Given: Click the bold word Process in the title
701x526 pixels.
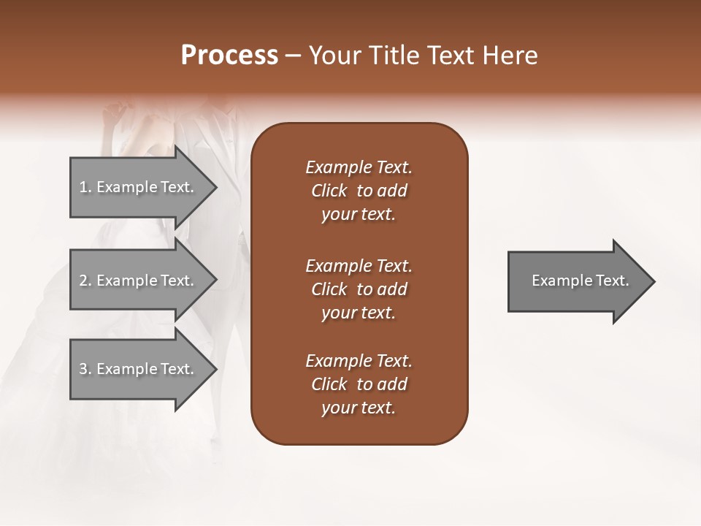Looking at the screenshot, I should pos(229,55).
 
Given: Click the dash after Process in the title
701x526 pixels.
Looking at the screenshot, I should pos(294,56).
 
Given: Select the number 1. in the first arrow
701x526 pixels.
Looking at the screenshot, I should pos(85,187).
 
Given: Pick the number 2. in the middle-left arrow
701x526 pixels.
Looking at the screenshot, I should pos(85,281).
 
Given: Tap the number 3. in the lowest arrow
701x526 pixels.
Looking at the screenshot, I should pos(85,369).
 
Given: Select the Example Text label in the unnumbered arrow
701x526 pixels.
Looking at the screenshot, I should pos(580,281).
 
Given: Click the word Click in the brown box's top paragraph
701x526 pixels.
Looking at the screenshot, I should pos(329,191).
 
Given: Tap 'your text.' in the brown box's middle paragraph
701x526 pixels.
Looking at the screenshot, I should pos(359,313).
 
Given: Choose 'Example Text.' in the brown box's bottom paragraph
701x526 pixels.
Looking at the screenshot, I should pos(359,361).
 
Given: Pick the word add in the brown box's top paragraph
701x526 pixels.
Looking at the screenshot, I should pos(392,191).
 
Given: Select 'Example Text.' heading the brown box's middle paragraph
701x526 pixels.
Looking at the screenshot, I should pos(359,266).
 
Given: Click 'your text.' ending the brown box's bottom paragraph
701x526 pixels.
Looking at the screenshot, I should pos(359,408).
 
